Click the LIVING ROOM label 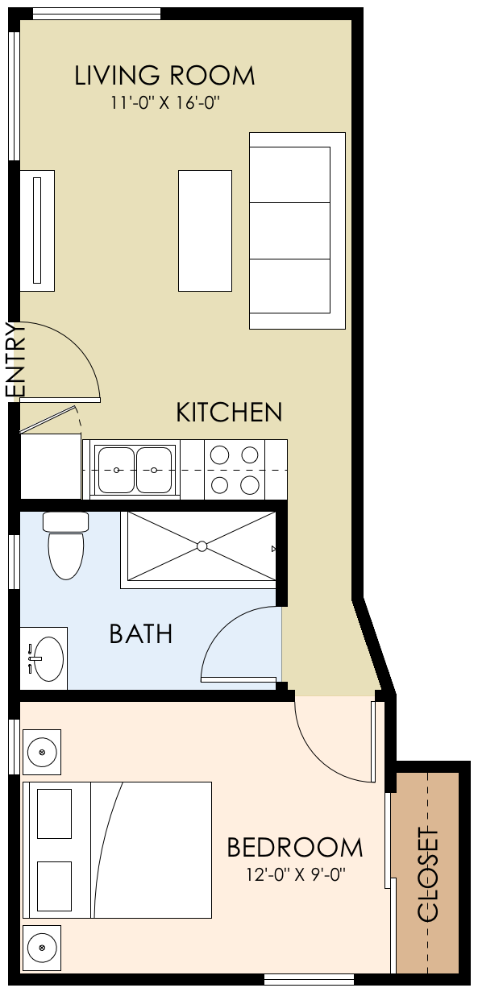164,76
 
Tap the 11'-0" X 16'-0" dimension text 165,102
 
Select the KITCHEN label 229,413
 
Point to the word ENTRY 17,359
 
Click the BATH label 141,634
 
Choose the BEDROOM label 294,848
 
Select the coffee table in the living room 205,230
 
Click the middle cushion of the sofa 289,230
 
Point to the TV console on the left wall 37,230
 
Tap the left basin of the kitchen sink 117,470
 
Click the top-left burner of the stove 219,454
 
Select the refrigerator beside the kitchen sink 50,467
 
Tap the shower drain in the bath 202,546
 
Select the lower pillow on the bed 55,886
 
